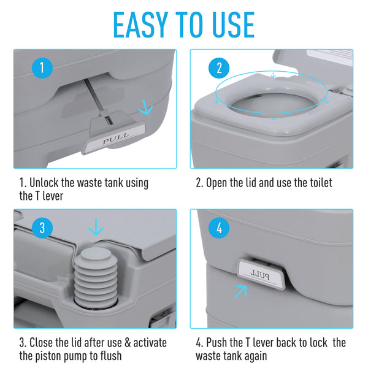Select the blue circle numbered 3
pyautogui.click(x=42, y=228)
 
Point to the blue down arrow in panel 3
pyautogui.click(x=96, y=229)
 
